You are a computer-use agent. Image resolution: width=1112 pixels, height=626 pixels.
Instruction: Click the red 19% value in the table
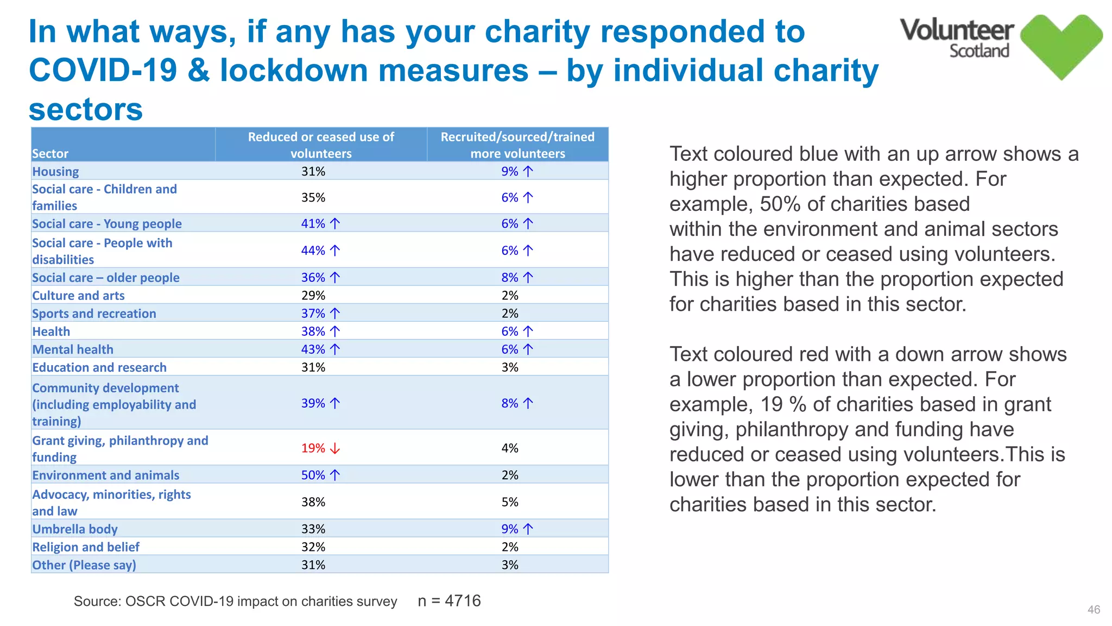[313, 448]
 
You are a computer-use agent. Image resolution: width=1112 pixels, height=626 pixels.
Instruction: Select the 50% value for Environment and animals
[313, 475]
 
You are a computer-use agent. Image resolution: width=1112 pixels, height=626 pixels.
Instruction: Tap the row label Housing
[55, 172]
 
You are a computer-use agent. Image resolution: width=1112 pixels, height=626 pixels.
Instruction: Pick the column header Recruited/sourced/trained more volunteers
[517, 145]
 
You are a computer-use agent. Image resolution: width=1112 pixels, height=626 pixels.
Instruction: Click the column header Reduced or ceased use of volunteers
[321, 145]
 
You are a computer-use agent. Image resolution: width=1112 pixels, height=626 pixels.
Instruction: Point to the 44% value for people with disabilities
[313, 251]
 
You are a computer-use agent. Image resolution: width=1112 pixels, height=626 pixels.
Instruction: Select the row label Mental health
[73, 350]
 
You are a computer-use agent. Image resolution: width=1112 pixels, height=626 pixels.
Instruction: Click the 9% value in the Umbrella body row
[510, 529]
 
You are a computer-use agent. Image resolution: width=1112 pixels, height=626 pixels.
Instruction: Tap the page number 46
[1094, 610]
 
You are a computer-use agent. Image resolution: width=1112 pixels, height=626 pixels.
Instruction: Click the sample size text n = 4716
[449, 601]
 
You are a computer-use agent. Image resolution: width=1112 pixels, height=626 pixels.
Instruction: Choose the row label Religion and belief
[86, 547]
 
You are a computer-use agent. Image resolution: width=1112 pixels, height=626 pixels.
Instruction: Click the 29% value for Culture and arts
[313, 296]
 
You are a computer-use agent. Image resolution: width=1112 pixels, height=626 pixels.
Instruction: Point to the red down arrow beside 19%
[336, 448]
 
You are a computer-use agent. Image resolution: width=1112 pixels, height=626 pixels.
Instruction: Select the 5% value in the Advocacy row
[510, 502]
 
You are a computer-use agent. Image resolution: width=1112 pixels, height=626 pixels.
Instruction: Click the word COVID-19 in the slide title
[103, 71]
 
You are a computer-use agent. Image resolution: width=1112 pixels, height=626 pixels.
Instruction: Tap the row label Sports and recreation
[94, 314]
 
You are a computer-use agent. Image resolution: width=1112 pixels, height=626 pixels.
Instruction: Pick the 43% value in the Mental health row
[313, 350]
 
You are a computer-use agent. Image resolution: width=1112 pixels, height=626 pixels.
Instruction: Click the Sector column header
[50, 154]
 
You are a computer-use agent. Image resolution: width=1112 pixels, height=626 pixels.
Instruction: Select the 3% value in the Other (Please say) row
[510, 565]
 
